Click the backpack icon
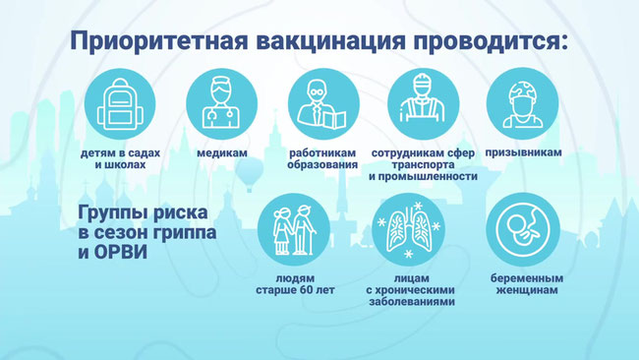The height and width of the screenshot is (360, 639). pyautogui.click(x=120, y=104)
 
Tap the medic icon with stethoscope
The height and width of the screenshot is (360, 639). pyautogui.click(x=221, y=103)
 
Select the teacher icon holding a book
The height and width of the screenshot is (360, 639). pyautogui.click(x=321, y=104)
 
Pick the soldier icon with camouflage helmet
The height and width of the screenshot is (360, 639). pyautogui.click(x=523, y=104)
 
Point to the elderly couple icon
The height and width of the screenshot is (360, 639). pyautogui.click(x=294, y=230)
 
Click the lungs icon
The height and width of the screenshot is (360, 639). pyautogui.click(x=409, y=229)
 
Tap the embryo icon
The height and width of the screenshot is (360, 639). pyautogui.click(x=523, y=229)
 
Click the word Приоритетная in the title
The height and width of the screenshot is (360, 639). pyautogui.click(x=159, y=41)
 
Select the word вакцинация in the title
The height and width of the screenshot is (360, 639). pyautogui.click(x=331, y=41)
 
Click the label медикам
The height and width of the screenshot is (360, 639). pyautogui.click(x=222, y=152)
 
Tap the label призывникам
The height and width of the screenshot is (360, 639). pyautogui.click(x=523, y=152)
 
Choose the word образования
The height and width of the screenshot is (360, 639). pyautogui.click(x=322, y=165)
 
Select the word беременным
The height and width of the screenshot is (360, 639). pyautogui.click(x=527, y=278)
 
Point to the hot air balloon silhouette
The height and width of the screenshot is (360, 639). pyautogui.click(x=249, y=174)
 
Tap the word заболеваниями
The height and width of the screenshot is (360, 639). pyautogui.click(x=412, y=302)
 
